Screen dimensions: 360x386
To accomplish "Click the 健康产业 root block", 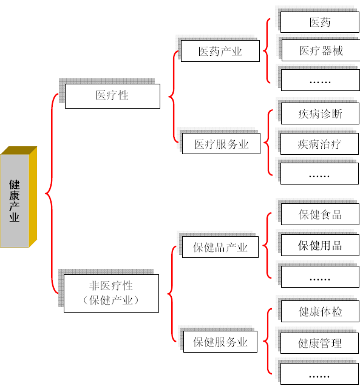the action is (18, 197).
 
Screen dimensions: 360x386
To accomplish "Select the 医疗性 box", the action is (112, 96).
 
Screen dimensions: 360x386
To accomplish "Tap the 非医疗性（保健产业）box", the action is (111, 293).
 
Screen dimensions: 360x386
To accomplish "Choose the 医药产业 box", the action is (220, 51).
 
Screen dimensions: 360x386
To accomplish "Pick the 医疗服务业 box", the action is (221, 144).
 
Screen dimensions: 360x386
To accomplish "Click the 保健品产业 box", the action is (220, 247).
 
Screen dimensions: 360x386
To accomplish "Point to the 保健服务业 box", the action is (220, 342).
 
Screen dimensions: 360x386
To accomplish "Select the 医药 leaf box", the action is (320, 22).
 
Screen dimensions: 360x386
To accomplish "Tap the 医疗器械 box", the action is (321, 50).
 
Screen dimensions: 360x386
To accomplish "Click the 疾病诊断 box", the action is (320, 113).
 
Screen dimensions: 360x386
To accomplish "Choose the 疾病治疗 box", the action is (319, 144).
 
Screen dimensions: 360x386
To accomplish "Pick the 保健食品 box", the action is (320, 214).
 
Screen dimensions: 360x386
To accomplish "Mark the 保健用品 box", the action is (320, 245).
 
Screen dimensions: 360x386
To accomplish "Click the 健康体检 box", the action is (320, 311).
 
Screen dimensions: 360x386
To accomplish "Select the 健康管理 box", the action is (319, 343).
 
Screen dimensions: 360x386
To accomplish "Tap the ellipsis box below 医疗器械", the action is (321, 80).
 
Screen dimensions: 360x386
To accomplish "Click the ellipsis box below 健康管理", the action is (319, 374).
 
